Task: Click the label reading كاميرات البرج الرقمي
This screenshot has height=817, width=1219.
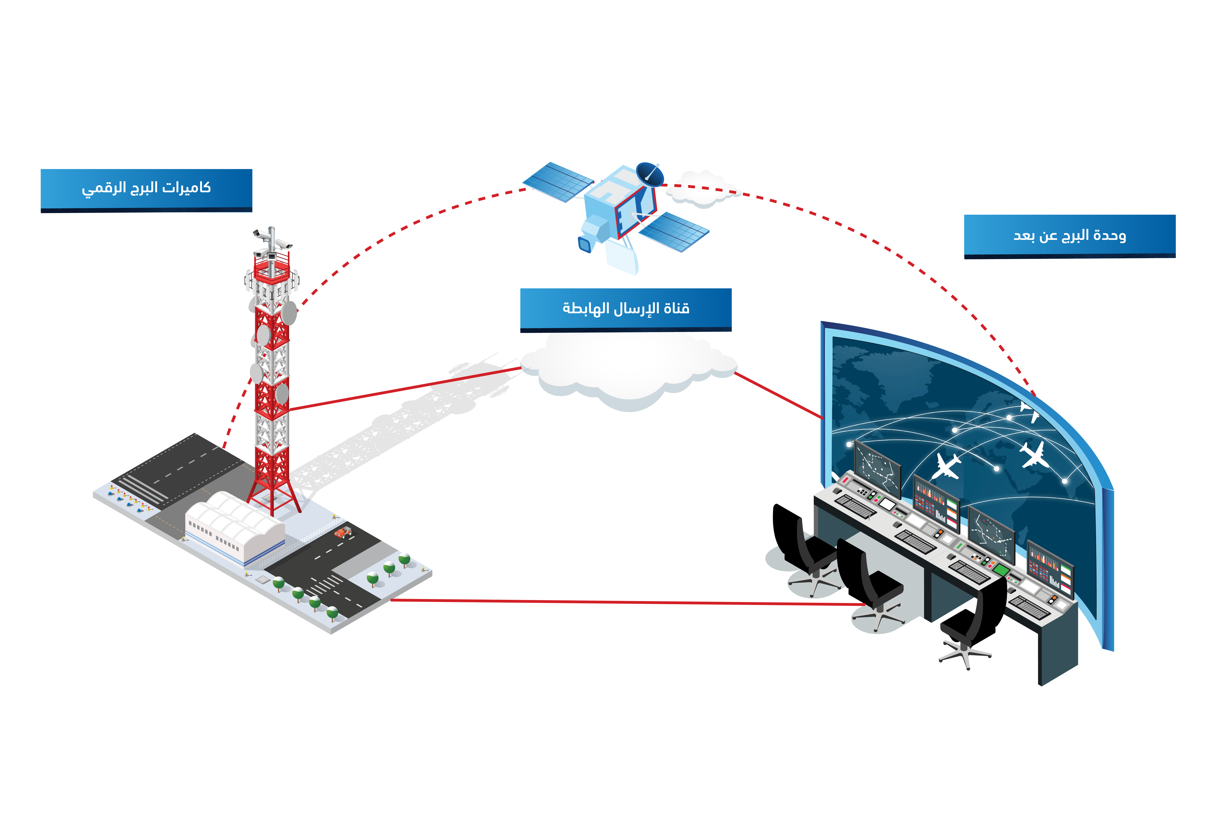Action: click(x=146, y=189)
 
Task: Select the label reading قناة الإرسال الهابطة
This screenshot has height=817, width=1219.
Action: click(x=626, y=308)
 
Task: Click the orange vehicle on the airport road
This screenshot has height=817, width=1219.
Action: click(x=342, y=533)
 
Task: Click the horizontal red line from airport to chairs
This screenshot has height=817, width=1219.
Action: click(x=625, y=602)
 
